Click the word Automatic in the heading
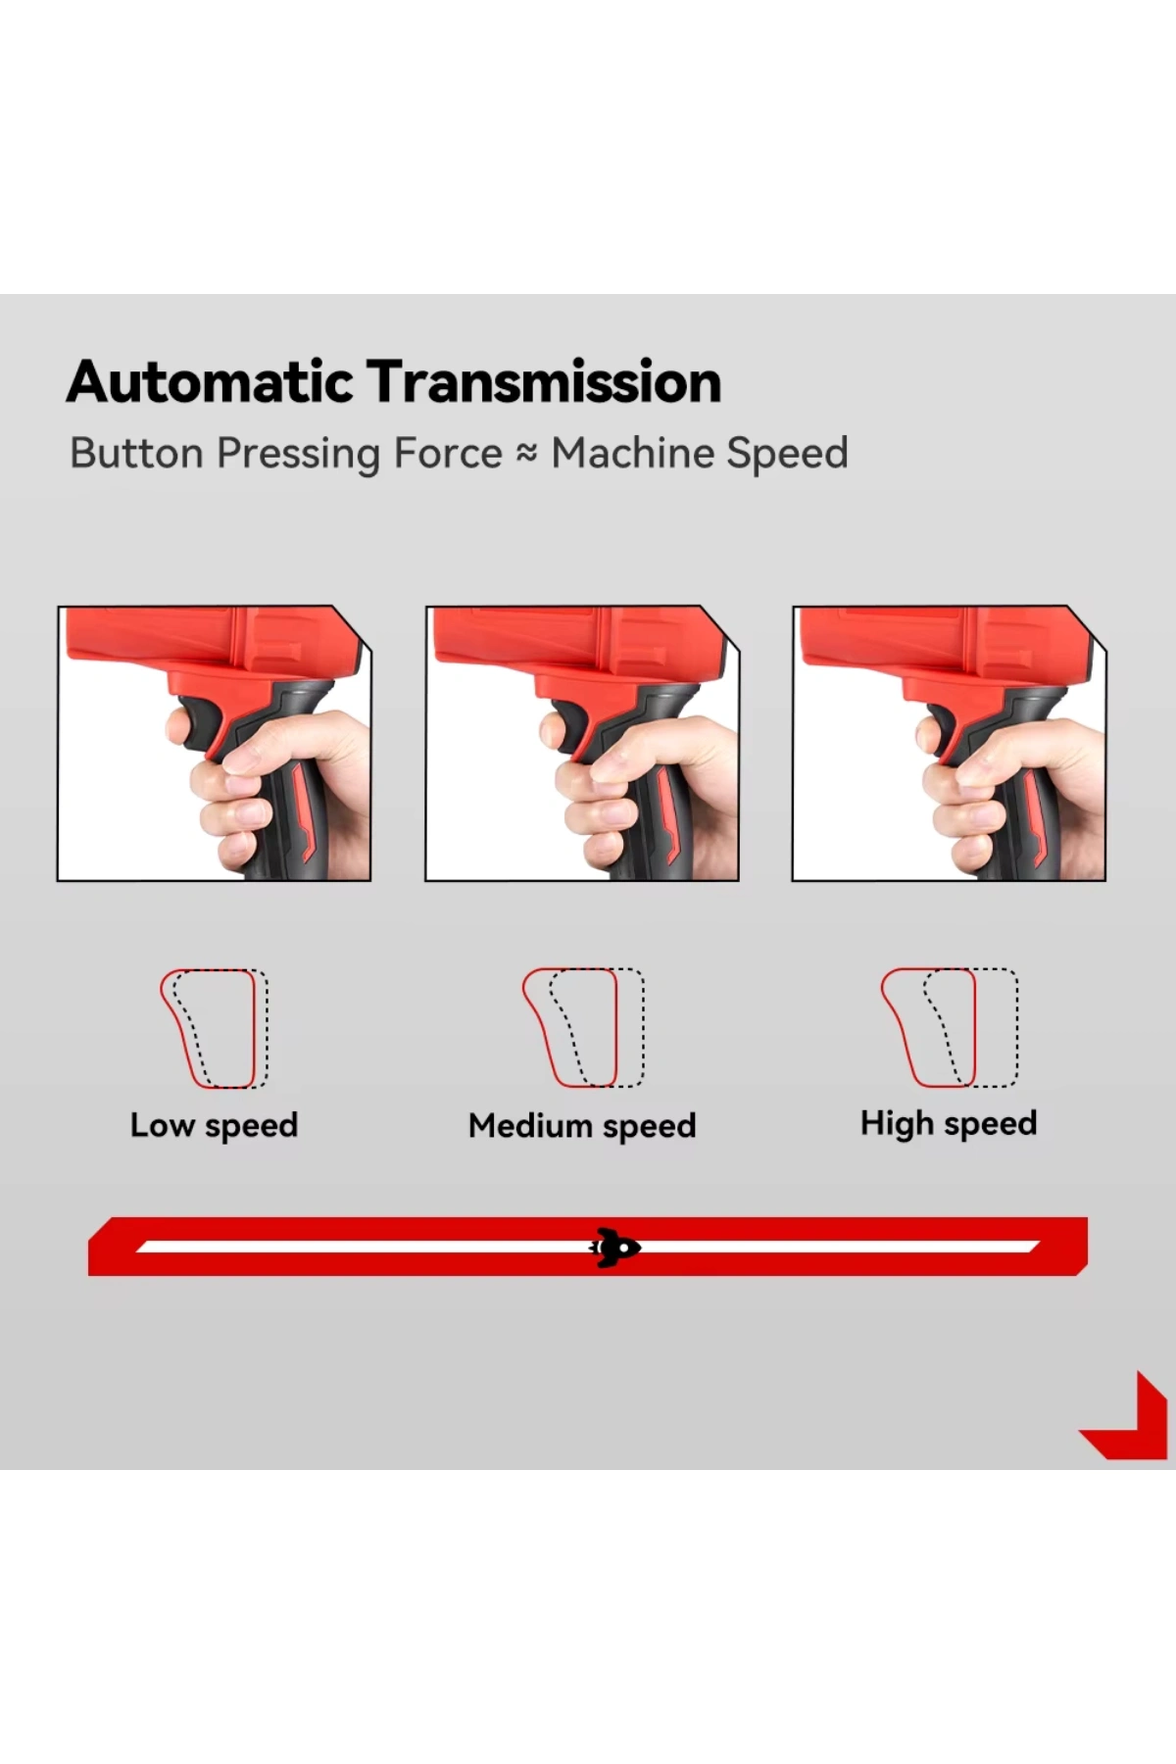point(210,381)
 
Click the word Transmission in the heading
point(544,381)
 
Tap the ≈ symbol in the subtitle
point(527,453)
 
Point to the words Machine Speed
point(700,453)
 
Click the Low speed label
point(214,1125)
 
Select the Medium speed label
point(582,1126)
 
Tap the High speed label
point(949,1123)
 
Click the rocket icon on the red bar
point(614,1248)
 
